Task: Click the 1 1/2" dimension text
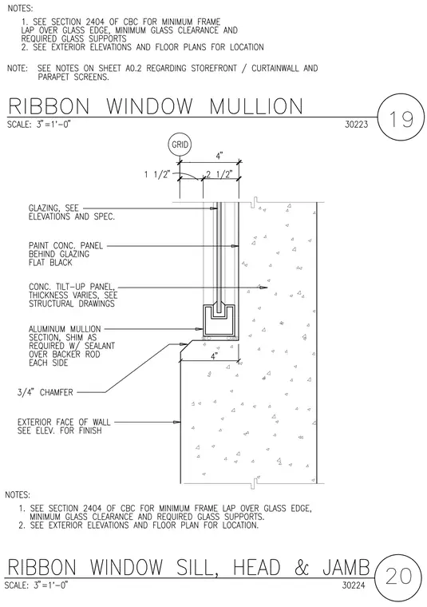[157, 175]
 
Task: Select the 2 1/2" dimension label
[219, 174]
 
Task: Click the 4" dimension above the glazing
[219, 156]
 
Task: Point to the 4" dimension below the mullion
[214, 356]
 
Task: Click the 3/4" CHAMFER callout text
[45, 392]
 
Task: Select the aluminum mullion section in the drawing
[220, 321]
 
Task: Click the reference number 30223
[357, 125]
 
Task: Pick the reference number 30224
[354, 585]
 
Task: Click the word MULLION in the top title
[256, 106]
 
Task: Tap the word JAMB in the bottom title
[346, 568]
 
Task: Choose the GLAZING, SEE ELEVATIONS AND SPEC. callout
[72, 212]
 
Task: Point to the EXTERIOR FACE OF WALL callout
[64, 426]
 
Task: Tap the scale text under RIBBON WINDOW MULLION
[38, 125]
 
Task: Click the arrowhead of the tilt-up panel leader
[263, 288]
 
